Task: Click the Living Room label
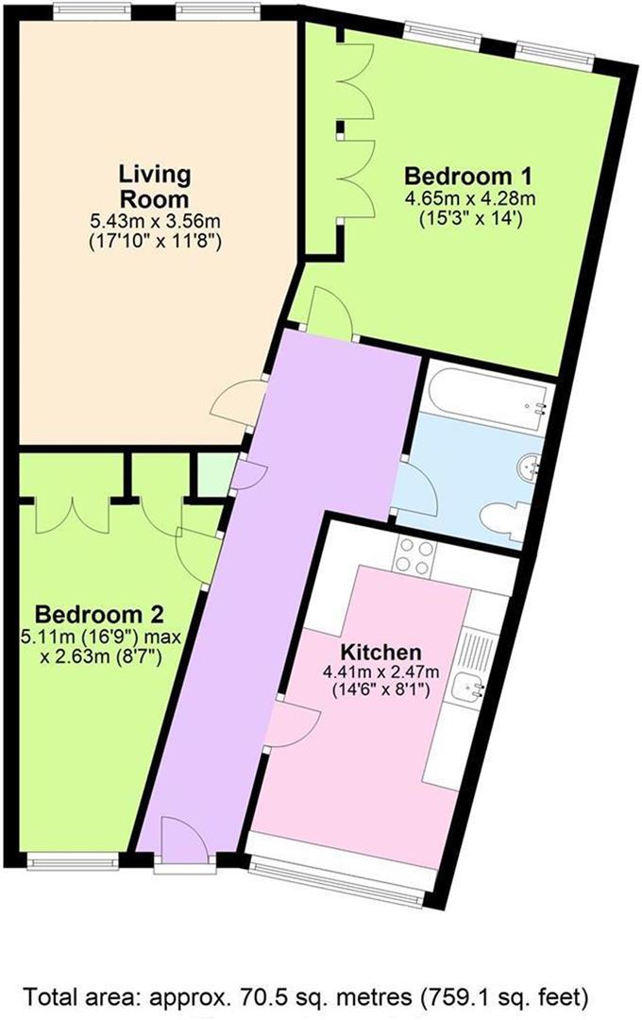(x=155, y=186)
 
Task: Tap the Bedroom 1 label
(x=468, y=176)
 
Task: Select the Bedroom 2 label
(x=99, y=614)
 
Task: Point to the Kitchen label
(x=381, y=652)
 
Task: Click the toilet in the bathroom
(x=505, y=518)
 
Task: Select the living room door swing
(x=238, y=403)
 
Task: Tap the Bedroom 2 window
(x=73, y=861)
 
